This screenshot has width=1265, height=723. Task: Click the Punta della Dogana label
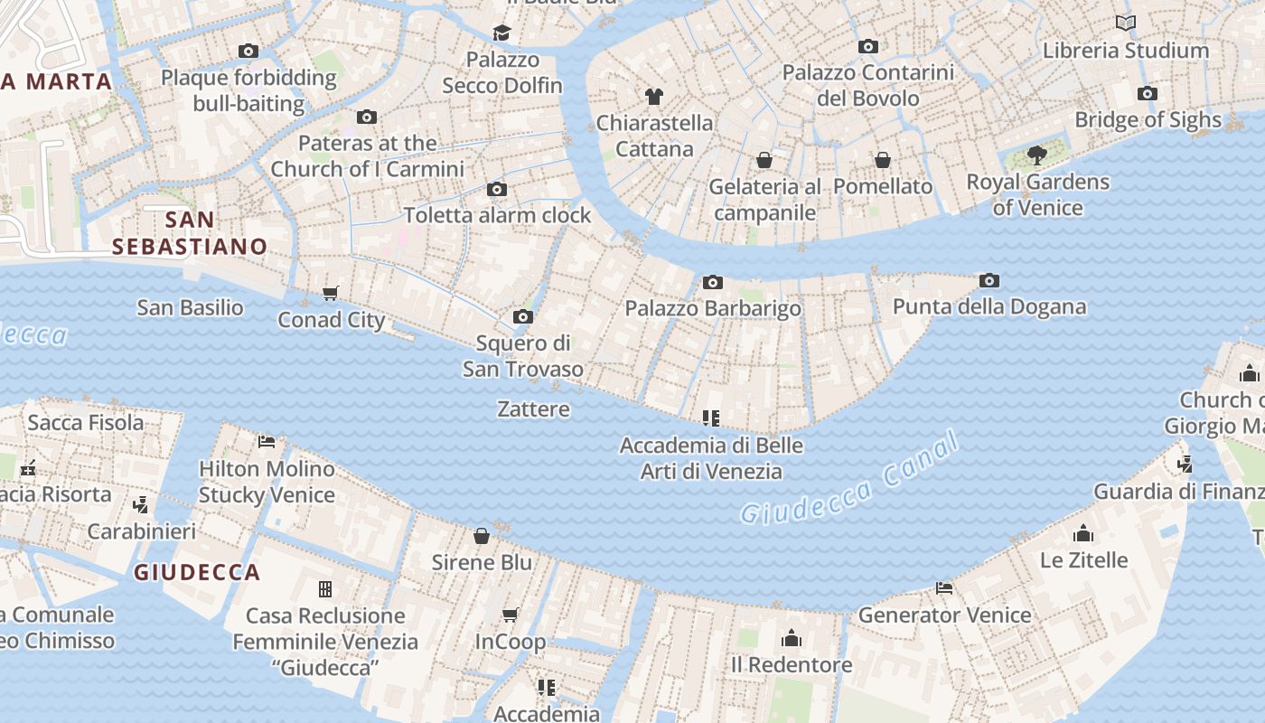[989, 306]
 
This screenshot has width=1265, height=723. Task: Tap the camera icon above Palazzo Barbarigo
[713, 283]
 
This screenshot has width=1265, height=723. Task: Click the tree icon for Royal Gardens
[1037, 155]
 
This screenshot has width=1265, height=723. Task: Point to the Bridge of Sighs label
[1147, 119]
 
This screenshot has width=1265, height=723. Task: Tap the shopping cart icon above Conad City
[330, 294]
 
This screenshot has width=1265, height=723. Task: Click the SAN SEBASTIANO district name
[190, 233]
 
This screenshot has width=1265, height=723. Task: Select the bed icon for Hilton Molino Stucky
[267, 442]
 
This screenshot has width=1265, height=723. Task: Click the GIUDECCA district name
[197, 572]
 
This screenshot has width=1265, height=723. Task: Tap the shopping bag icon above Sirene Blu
[482, 536]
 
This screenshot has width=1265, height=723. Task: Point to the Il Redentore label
[791, 665]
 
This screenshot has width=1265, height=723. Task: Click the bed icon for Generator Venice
[944, 588]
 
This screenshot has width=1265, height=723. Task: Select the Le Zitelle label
[1083, 560]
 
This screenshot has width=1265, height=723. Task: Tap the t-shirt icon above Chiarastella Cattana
[654, 97]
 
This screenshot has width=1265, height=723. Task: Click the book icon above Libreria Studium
[1125, 23]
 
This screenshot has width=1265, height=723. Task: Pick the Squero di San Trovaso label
[522, 356]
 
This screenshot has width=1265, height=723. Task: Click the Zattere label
[533, 409]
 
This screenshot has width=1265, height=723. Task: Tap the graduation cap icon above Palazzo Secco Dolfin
[501, 33]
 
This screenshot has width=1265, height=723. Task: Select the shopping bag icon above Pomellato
[883, 160]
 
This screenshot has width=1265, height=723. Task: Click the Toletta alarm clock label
[497, 215]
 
